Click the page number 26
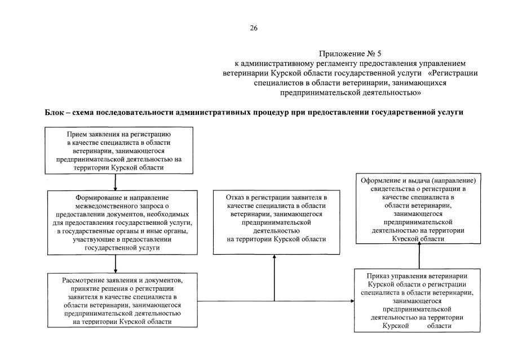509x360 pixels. coord(254,28)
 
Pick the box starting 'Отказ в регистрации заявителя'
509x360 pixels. coord(275,221)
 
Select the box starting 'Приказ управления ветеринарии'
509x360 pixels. coord(419,301)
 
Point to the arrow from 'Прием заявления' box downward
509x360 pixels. coord(115,181)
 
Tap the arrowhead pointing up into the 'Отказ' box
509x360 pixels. coord(275,256)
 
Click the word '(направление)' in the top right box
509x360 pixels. coord(457,181)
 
